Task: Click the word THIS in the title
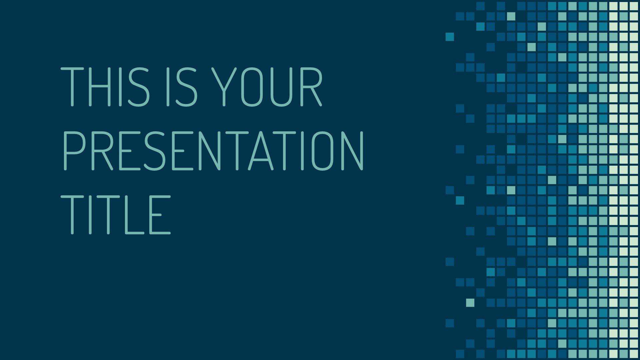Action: point(105,87)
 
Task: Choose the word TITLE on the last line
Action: point(116,215)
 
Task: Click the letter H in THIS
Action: point(97,87)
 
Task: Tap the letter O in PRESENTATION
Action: point(322,151)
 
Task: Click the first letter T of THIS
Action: point(72,87)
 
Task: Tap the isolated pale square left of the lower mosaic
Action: point(470,303)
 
